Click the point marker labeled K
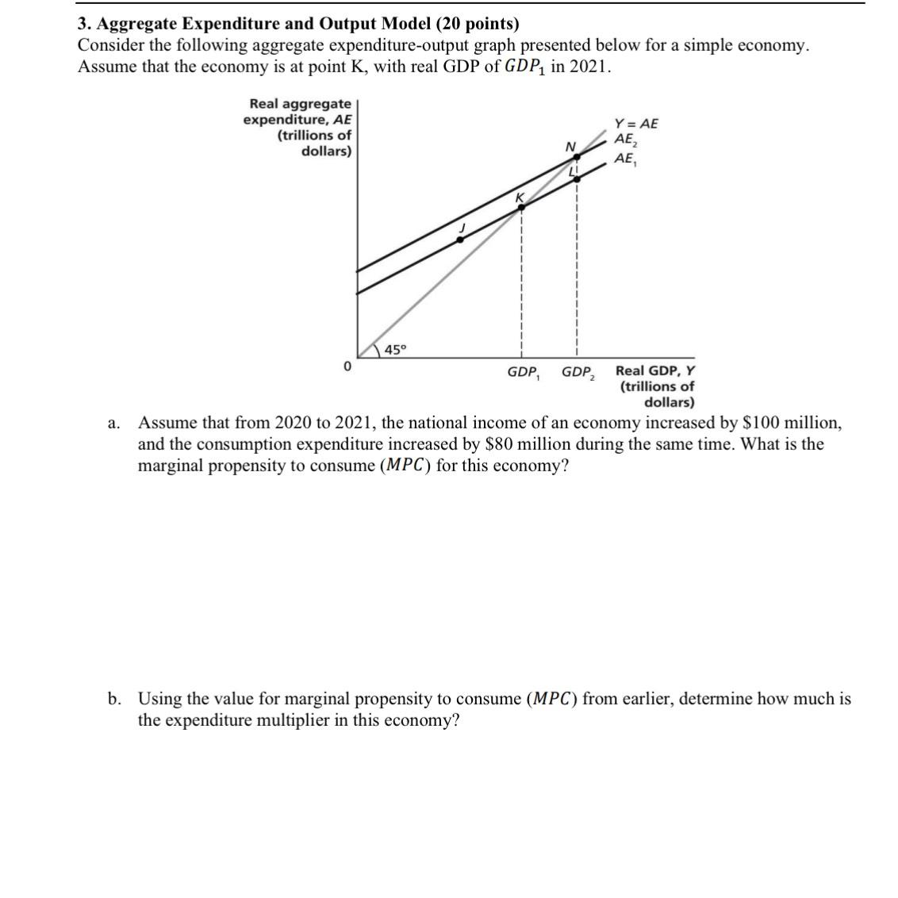pos(521,208)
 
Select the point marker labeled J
pos(459,239)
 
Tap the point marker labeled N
pos(578,157)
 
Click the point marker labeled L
pos(577,179)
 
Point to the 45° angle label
pos(395,350)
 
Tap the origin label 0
pos(347,367)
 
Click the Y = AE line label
pos(636,124)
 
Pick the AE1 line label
pos(625,159)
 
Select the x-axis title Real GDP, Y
pos(655,370)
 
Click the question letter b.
pos(115,699)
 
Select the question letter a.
pos(114,423)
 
